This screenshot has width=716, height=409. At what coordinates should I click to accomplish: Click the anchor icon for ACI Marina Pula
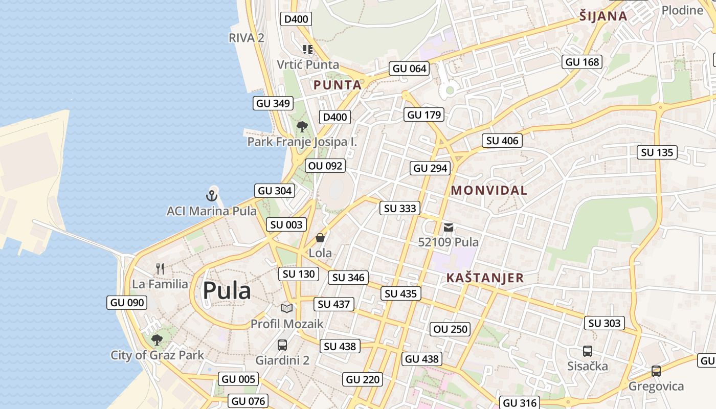(212, 195)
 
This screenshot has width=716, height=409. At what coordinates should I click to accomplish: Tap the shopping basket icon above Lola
(320, 238)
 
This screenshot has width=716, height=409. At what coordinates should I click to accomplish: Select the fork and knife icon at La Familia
(160, 268)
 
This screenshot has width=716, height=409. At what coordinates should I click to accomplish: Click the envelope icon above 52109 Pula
(449, 227)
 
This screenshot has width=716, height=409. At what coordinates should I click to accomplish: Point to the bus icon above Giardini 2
(282, 345)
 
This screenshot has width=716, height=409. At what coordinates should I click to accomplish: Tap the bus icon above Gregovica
(656, 371)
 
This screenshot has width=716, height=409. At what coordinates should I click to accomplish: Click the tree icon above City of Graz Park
(157, 339)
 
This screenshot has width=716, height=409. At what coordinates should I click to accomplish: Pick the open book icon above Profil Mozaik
(287, 308)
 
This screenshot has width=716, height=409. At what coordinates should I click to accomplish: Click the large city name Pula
(227, 291)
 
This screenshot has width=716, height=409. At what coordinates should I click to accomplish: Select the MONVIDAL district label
(489, 191)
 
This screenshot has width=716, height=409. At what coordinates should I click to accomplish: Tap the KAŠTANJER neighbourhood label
(485, 278)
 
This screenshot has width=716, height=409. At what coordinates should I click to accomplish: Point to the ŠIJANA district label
(603, 16)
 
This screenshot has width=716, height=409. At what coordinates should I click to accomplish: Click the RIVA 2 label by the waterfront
(246, 37)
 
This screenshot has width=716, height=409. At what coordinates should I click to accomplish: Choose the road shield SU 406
(502, 141)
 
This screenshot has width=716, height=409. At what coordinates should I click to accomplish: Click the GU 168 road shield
(582, 62)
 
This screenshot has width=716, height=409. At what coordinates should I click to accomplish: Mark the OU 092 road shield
(325, 166)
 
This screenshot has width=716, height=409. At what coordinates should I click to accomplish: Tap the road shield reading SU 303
(605, 323)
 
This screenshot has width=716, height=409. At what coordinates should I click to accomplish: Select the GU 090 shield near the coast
(127, 302)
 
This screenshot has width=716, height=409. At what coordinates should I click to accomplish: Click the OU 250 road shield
(451, 329)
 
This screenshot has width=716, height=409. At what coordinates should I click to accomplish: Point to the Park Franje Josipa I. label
(302, 142)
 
